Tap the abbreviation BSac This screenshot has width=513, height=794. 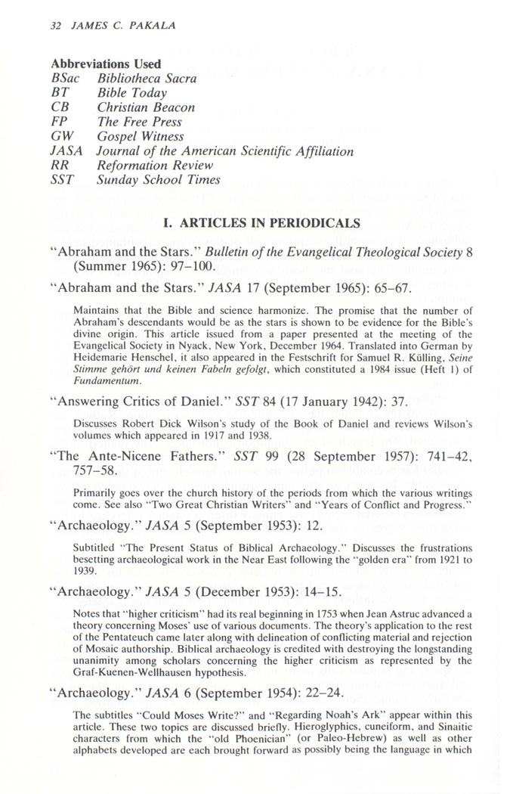tap(65, 79)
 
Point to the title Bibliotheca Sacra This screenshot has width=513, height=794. tap(147, 79)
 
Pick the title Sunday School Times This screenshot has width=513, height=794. tap(159, 179)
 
